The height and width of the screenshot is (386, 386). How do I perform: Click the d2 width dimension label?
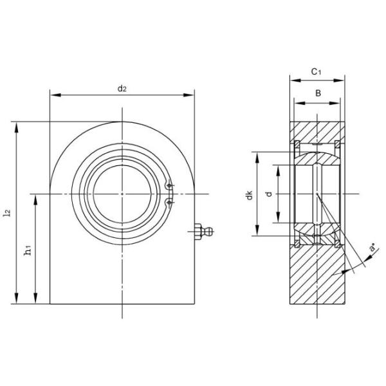[122, 88]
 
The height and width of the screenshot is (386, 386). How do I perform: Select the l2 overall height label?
[7, 212]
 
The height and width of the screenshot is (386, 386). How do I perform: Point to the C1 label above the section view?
[316, 73]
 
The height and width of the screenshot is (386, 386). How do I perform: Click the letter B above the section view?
[317, 93]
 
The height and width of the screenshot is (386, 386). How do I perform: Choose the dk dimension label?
[249, 195]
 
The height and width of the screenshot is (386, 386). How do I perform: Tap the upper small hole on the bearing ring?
[169, 187]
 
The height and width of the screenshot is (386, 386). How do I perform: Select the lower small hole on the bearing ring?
[169, 202]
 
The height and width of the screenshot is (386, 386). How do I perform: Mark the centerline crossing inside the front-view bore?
[122, 194]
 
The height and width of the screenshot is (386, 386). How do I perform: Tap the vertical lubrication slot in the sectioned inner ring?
[317, 194]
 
